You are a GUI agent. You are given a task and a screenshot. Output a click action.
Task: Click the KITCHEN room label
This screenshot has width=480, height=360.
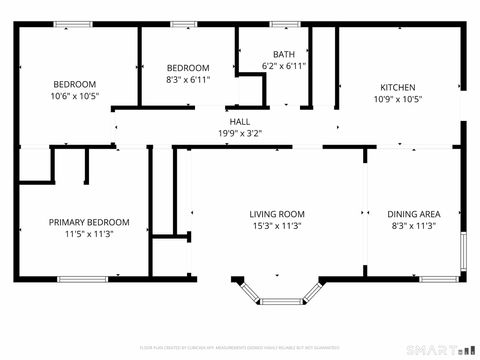tap(398, 87)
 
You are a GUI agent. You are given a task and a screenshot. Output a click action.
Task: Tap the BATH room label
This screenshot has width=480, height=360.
tap(283, 54)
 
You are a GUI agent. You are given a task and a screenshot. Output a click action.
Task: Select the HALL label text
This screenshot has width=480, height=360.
tap(240, 121)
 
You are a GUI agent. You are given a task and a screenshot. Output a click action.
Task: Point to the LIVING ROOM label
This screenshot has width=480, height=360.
tap(277, 214)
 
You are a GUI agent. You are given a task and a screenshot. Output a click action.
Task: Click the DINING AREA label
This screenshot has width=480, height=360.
tap(414, 214)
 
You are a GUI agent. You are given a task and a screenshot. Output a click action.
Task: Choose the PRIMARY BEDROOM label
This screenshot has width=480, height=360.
tap(89, 222)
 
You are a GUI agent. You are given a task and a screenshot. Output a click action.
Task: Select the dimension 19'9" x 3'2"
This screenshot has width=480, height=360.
tap(240, 132)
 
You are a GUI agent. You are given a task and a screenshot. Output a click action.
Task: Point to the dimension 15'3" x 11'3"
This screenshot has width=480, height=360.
tap(277, 226)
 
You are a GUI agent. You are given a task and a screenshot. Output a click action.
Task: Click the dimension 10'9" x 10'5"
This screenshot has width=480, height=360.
tap(398, 99)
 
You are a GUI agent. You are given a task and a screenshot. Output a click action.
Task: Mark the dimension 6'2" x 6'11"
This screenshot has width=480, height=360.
tap(283, 66)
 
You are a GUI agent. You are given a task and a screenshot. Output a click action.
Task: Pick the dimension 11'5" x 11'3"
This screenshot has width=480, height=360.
tap(89, 234)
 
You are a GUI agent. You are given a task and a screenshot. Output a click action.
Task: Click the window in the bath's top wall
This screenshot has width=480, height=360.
tap(285, 24)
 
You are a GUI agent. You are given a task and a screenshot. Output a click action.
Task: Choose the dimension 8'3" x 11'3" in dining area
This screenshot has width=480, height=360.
tap(414, 226)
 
